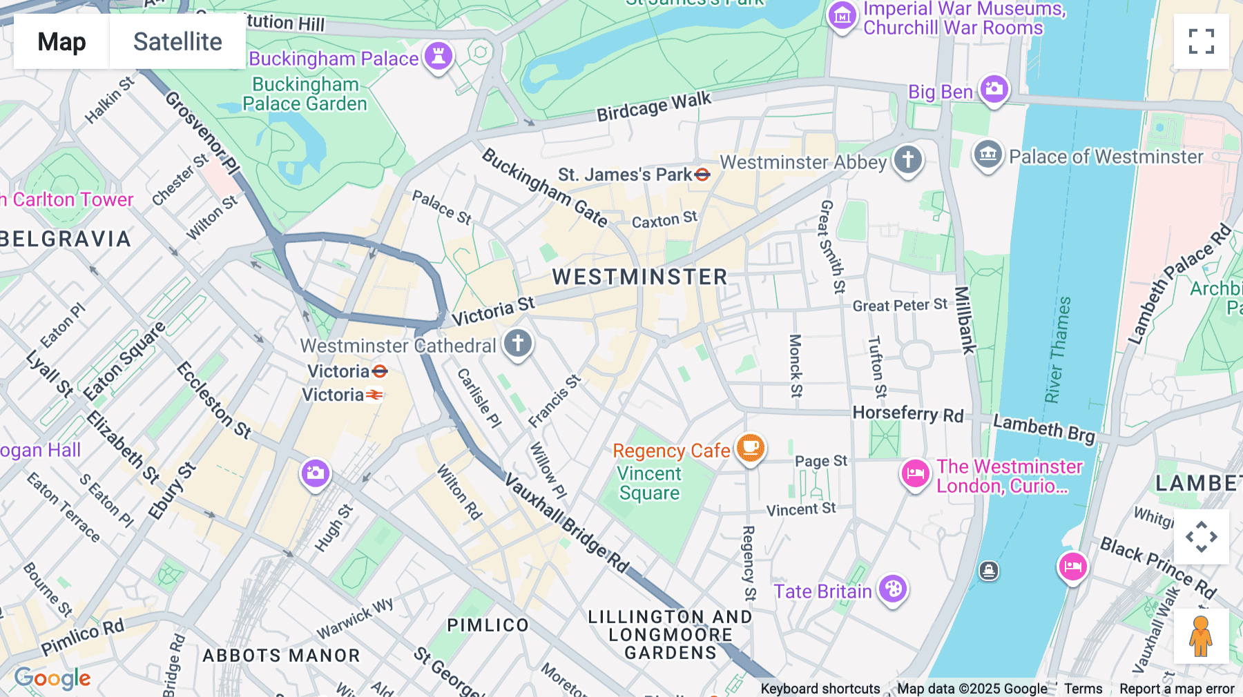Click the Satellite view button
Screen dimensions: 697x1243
pyautogui.click(x=177, y=41)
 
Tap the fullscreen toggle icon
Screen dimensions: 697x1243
pyautogui.click(x=1201, y=41)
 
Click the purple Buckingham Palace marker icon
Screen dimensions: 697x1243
pyautogui.click(x=439, y=57)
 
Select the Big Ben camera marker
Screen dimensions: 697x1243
pyautogui.click(x=994, y=89)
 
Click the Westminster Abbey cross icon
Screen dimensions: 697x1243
pyautogui.click(x=908, y=160)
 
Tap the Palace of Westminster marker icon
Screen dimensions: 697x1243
pyautogui.click(x=988, y=155)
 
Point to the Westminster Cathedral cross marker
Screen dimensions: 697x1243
pyautogui.click(x=518, y=343)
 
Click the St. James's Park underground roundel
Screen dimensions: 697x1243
pyautogui.click(x=702, y=175)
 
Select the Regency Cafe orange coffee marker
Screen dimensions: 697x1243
pyautogui.click(x=751, y=448)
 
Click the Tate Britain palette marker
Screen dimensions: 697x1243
pyautogui.click(x=893, y=589)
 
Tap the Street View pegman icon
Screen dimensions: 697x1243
pyautogui.click(x=1201, y=636)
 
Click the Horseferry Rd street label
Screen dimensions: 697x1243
pyautogui.click(x=907, y=414)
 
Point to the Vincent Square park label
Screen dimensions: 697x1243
pyautogui.click(x=649, y=483)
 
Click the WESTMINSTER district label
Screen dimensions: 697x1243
pyautogui.click(x=639, y=277)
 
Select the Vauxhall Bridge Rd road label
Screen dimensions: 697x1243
pyautogui.click(x=566, y=523)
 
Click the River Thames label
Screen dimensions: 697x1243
pyautogui.click(x=1057, y=350)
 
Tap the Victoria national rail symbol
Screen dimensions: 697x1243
pyautogui.click(x=374, y=395)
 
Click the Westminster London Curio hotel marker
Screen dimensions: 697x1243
pyautogui.click(x=916, y=474)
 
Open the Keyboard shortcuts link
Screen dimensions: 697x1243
pyautogui.click(x=820, y=689)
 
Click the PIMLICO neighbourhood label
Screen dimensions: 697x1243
pyautogui.click(x=488, y=625)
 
